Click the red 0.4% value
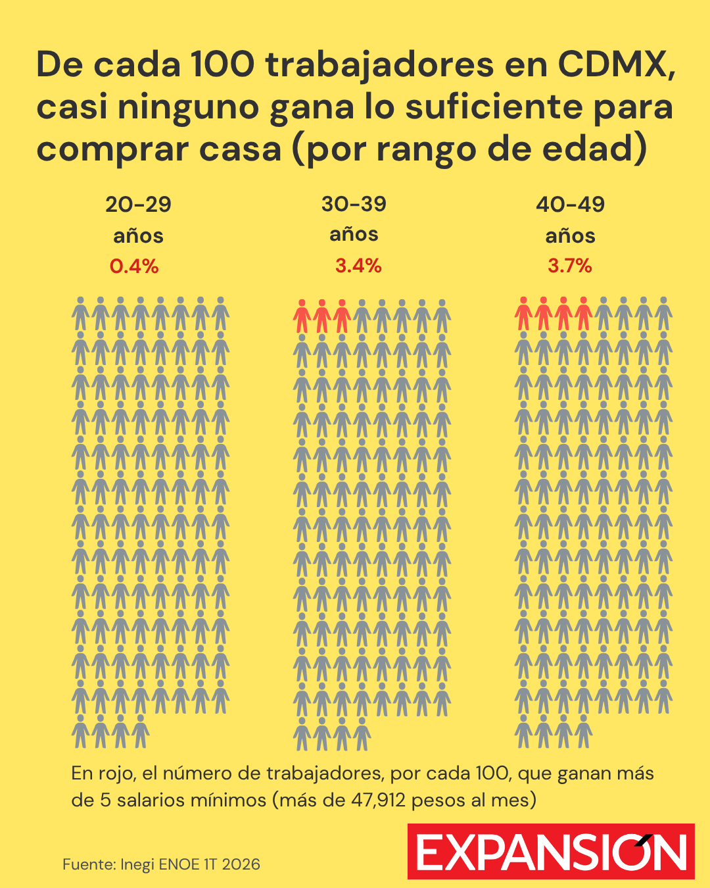point(134,266)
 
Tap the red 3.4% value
point(358,266)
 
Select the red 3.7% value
point(570,266)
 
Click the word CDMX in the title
point(617,64)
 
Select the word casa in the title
point(241,149)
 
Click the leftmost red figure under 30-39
point(302,316)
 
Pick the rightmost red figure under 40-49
point(583,314)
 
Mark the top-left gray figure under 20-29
point(80,314)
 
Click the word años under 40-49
point(570,236)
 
